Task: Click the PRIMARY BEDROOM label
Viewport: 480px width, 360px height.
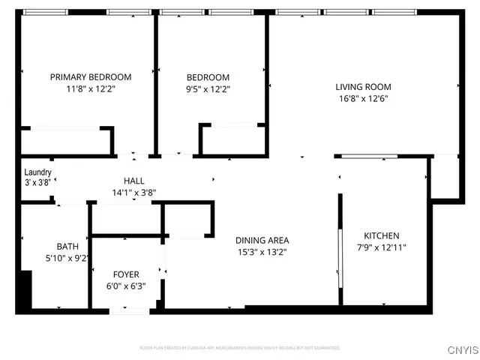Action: click(x=90, y=76)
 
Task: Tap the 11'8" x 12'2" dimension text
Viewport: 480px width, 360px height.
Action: click(x=90, y=88)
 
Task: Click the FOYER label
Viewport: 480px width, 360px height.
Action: click(x=126, y=274)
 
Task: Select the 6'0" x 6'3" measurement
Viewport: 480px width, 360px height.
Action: click(x=126, y=286)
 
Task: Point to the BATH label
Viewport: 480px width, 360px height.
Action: click(x=67, y=246)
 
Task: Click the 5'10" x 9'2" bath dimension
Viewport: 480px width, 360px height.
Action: click(x=67, y=258)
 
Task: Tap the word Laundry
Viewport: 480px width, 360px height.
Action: click(x=37, y=172)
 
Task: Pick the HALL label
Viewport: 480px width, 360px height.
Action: click(x=134, y=180)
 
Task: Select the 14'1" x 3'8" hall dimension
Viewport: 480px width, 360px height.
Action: click(x=134, y=192)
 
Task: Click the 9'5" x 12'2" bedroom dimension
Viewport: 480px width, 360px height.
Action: click(x=208, y=88)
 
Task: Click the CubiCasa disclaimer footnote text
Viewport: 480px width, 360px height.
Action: click(x=240, y=348)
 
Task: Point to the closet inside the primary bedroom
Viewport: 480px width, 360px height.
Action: click(x=66, y=141)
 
